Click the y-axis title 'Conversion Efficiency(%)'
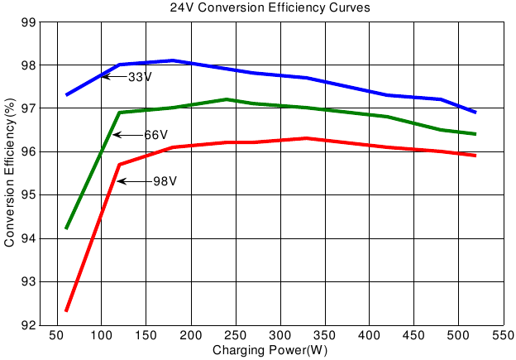coord(9,173)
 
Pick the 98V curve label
coord(165,181)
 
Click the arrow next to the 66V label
coord(127,135)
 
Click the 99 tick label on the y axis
coord(26,22)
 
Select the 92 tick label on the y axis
coord(26,325)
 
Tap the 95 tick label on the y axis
coord(26,195)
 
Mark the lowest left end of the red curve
coord(66,310)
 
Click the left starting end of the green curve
coord(66,228)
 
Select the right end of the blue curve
coord(475,112)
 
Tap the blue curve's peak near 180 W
coord(173,60)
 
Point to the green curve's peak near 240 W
coord(227,99)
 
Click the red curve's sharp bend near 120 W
coord(119,165)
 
